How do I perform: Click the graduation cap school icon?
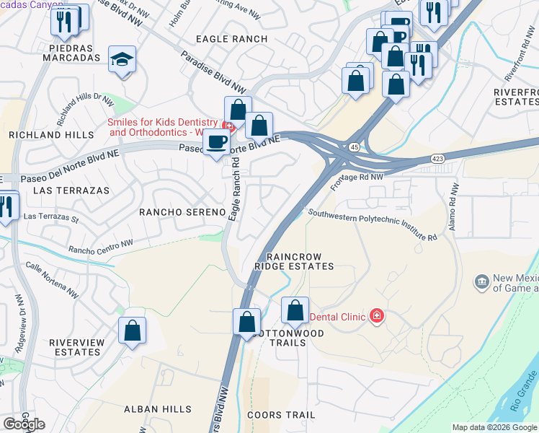coord(122,60)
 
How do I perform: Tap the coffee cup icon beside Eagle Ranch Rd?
coord(216,141)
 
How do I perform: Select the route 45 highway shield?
coord(354,147)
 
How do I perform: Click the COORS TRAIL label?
coord(281,415)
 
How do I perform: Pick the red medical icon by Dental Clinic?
coord(375,315)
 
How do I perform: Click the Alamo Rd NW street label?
coord(454,206)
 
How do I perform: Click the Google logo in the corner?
coord(24,424)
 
